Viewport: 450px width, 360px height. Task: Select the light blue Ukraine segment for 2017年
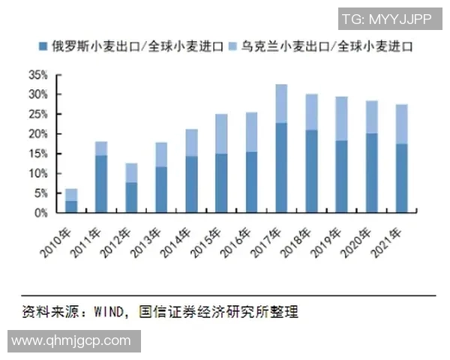[x=281, y=103]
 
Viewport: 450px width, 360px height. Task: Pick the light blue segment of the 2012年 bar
[x=131, y=172]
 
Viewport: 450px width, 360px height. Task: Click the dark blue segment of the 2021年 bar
[x=401, y=178]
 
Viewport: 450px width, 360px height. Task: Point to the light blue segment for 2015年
[x=221, y=133]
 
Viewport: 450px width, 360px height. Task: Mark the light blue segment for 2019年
[x=341, y=118]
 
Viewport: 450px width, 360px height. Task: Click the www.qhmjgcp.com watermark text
[x=71, y=340]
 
